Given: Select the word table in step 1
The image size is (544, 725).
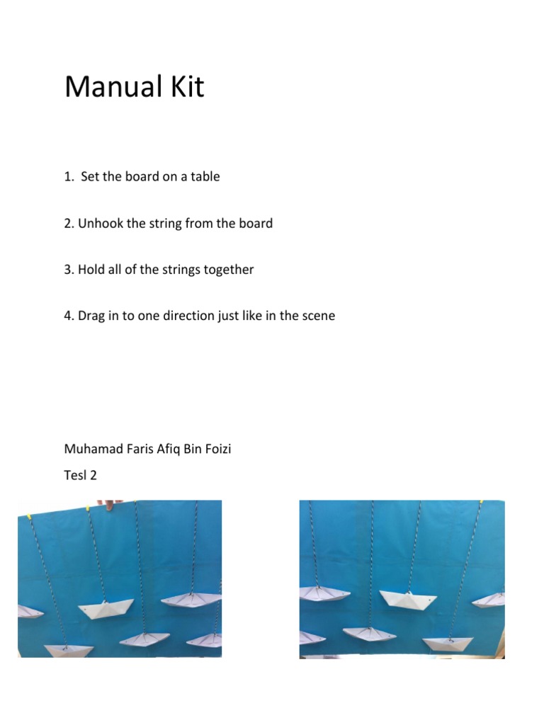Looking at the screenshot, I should (204, 177).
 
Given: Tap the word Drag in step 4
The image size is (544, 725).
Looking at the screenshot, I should (91, 316).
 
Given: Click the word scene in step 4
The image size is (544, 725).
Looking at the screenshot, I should (318, 316).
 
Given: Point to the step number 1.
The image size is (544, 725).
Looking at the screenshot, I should (69, 177).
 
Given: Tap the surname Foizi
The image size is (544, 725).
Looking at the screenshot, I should (216, 449).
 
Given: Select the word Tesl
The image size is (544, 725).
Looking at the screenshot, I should (74, 475).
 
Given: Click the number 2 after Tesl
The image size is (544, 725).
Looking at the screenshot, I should (93, 475).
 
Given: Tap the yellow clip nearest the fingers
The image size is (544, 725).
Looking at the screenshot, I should (86, 507).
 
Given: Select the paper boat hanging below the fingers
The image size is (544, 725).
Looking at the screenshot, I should (106, 608).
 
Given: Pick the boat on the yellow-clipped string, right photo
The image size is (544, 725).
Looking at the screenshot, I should (447, 644).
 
